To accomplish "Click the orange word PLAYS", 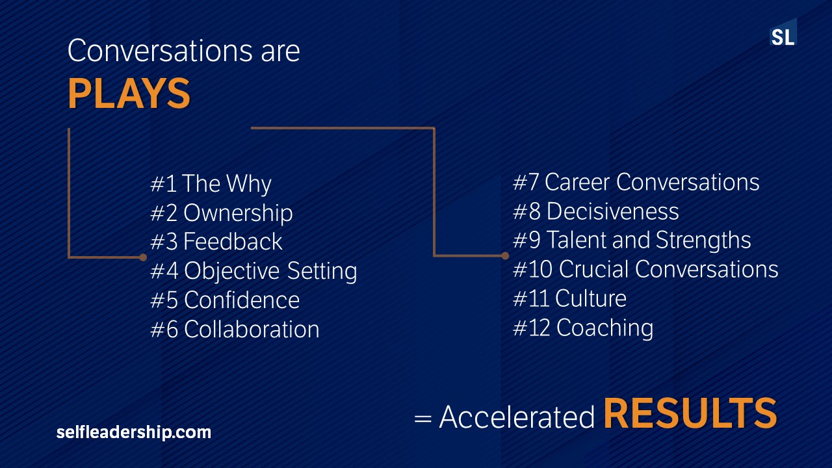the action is coord(129,94).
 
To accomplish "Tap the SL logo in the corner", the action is coord(783,32).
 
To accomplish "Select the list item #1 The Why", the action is coord(211,184).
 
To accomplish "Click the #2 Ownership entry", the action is coord(222,213).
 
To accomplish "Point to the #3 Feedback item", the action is coord(216,241).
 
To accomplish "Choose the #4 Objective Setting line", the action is coord(253,271).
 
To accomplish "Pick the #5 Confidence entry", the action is coord(225,300).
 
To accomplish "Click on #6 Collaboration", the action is coord(235,329).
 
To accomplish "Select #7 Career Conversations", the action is coord(636,182).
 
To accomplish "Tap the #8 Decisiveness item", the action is coord(596,211).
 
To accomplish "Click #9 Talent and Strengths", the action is coord(632,240).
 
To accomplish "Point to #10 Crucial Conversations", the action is coord(645,269).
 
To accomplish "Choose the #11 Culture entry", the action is coord(569,298).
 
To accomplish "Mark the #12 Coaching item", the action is coord(583,328).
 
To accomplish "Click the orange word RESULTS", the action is coord(690,413).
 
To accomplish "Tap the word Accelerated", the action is coord(517,417).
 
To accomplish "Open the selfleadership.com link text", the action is coord(134,433).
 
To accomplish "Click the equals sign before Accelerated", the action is coord(422,419).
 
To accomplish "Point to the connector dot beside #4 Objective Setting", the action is coord(143,257).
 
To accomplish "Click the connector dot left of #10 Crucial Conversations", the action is coord(505,255).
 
